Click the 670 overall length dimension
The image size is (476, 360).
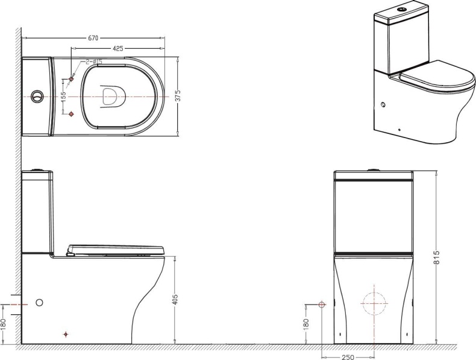(93, 38)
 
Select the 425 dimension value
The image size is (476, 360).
(117, 48)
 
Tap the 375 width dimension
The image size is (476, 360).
(178, 96)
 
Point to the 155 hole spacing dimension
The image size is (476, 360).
(63, 96)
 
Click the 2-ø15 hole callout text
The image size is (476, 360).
(93, 62)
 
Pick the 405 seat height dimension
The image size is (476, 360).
(175, 300)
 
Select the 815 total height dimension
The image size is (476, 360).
(436, 257)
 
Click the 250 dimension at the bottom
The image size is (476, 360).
(348, 357)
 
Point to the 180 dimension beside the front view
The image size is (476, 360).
(305, 324)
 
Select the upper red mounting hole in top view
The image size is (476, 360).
(72, 79)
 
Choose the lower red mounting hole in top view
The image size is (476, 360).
(72, 114)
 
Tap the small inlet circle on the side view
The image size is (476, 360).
(39, 303)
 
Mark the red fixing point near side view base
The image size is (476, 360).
(66, 335)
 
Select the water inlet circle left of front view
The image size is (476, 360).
(322, 305)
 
